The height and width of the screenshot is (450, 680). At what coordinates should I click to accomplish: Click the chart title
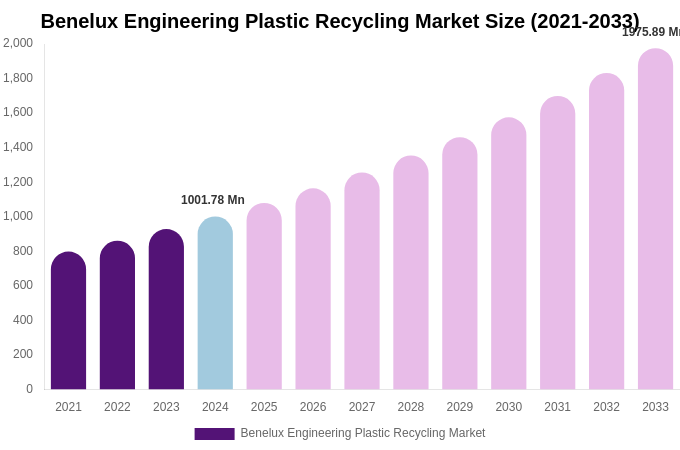[340, 21]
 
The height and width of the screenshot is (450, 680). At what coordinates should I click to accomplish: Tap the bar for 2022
[117, 315]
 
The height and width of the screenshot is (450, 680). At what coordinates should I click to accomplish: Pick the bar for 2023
[166, 309]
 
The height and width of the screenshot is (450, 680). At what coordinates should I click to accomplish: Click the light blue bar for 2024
[215, 303]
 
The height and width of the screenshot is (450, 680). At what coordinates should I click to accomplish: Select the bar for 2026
[313, 289]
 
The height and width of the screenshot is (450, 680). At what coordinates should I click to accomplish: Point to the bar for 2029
[460, 263]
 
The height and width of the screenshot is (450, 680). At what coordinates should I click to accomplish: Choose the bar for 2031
[558, 243]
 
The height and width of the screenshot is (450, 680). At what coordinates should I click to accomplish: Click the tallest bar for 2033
[655, 219]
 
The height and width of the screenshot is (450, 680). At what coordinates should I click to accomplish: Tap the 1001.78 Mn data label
[213, 200]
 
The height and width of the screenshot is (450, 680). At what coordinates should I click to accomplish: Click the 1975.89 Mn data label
[650, 32]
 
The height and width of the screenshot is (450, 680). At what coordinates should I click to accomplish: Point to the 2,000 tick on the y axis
[18, 43]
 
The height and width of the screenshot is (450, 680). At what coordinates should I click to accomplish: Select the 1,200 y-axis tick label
[18, 182]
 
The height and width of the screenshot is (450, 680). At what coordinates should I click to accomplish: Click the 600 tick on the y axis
[22, 285]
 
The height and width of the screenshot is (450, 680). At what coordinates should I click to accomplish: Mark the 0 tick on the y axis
[29, 389]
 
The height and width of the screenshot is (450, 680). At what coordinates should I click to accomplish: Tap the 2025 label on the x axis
[264, 407]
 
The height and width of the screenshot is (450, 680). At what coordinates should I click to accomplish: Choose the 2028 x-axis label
[411, 407]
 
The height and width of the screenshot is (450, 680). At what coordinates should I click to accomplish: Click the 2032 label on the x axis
[606, 407]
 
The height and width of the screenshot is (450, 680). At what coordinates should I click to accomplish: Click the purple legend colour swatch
[214, 434]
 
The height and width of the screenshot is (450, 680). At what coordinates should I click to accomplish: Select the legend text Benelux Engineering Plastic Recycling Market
[362, 433]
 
